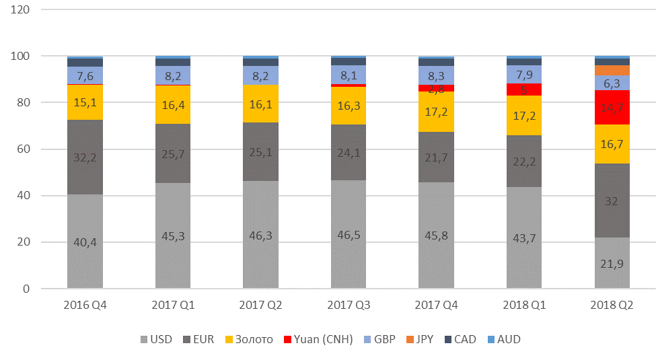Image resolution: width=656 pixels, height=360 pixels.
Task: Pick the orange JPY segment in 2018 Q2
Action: coord(612,70)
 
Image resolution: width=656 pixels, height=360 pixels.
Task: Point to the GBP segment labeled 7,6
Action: coord(85,75)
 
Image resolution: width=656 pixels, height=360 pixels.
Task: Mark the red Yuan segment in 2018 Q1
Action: coord(524,89)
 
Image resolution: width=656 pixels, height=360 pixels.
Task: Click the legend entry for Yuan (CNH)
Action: coord(318,339)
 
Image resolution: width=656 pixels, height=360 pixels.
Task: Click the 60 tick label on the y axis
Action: coord(23,149)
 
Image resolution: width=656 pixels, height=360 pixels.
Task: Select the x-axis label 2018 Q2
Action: coord(612,305)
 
